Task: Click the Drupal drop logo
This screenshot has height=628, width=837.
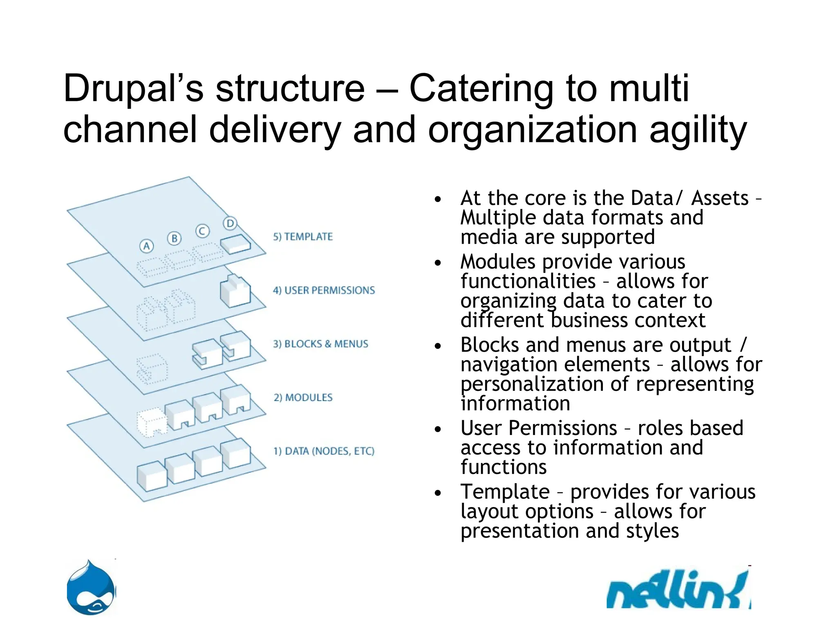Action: [91, 588]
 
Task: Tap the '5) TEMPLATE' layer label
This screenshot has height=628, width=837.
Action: [303, 237]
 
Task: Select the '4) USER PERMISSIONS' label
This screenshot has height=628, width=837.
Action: [324, 290]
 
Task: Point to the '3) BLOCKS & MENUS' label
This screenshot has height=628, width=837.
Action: [320, 344]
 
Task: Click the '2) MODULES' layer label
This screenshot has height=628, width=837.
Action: [303, 397]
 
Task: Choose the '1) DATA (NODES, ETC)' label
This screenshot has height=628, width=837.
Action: [324, 451]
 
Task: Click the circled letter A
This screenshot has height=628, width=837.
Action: [146, 246]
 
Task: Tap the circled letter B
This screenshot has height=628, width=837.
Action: [174, 238]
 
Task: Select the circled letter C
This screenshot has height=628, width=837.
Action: [202, 231]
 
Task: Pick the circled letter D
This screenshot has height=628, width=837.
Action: [230, 223]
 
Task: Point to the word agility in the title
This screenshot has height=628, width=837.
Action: [698, 130]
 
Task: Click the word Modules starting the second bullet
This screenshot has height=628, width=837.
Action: [497, 262]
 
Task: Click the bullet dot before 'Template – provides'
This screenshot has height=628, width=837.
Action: [438, 493]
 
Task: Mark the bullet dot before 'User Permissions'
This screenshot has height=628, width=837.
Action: [438, 429]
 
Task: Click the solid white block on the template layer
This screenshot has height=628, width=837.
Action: [235, 244]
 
